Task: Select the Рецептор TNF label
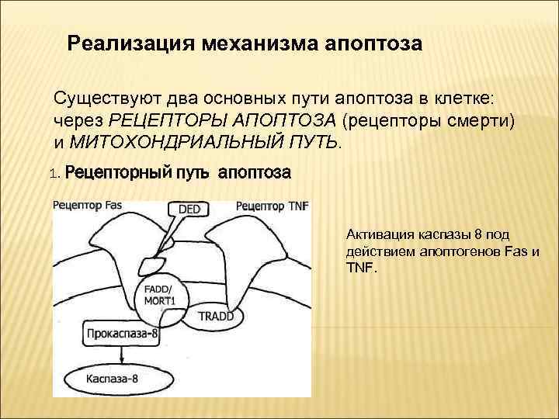pyautogui.click(x=271, y=206)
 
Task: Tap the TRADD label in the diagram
pyautogui.click(x=216, y=317)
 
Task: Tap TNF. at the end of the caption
pyautogui.click(x=360, y=268)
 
